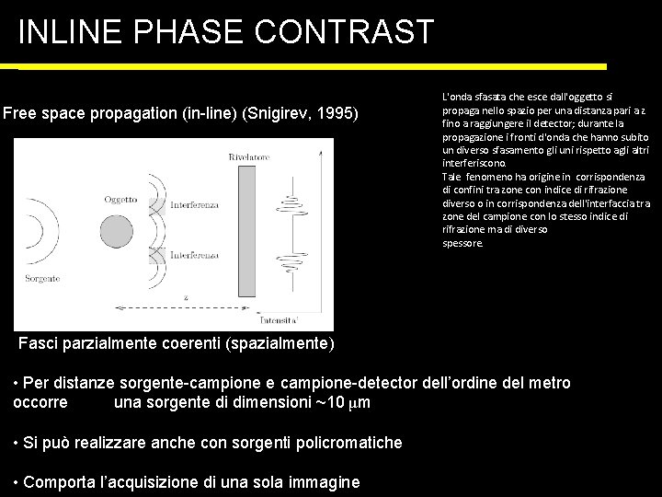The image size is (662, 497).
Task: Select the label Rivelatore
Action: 251,159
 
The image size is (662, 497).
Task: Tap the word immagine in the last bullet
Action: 325,482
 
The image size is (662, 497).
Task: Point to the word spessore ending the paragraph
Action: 462,244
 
